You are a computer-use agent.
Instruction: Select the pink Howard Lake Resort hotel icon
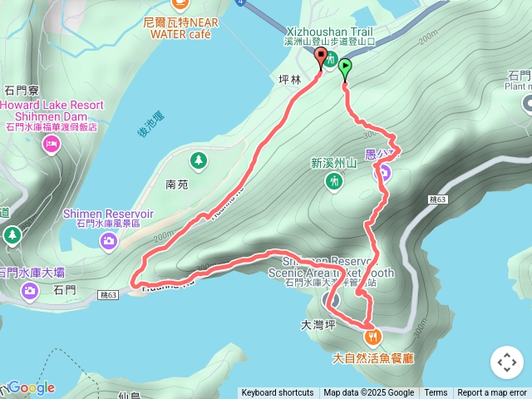pos(51,145)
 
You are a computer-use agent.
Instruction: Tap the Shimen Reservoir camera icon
pos(109,241)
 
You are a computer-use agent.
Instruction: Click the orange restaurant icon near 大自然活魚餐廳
pos(372,337)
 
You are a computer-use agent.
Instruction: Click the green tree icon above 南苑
pos(198,160)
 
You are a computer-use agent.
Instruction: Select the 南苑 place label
pos(177,185)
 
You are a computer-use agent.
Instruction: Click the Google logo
pos(32,387)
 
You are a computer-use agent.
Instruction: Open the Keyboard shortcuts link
pos(278,393)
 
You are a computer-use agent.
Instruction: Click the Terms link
pos(436,393)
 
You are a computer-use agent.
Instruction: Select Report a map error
pos(492,393)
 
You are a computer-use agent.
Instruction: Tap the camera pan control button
pos(506,362)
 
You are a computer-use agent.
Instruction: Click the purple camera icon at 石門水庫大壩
pos(30,290)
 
